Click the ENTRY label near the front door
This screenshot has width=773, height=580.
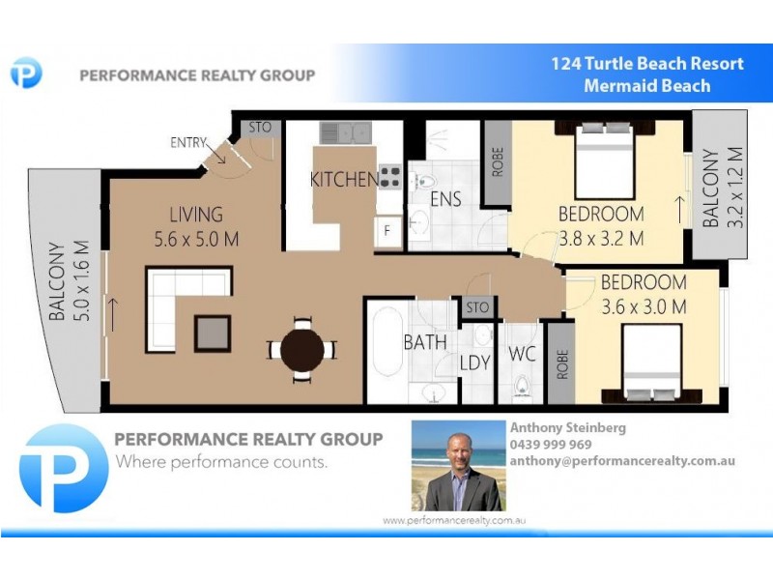(x=188, y=143)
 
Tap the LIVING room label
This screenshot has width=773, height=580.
(x=196, y=215)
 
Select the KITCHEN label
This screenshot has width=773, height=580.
(x=343, y=180)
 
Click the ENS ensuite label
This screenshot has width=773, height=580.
(x=445, y=200)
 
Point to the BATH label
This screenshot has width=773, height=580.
(x=425, y=342)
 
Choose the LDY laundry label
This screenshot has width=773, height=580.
(x=475, y=363)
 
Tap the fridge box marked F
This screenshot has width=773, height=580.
(x=387, y=232)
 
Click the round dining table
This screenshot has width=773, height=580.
(x=302, y=349)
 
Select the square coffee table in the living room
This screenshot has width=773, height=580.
(x=213, y=333)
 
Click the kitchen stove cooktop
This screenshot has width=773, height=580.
(x=389, y=177)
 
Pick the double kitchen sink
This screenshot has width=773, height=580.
(x=345, y=132)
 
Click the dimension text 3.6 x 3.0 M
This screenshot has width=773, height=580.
(x=644, y=307)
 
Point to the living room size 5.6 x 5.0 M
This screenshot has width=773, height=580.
(x=196, y=238)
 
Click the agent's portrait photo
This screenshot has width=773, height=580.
(x=457, y=466)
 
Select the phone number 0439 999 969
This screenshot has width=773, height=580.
(x=551, y=445)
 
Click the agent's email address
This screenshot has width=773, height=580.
(x=622, y=461)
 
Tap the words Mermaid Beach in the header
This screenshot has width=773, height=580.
(x=646, y=86)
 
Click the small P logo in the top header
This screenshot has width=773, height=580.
(x=26, y=73)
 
